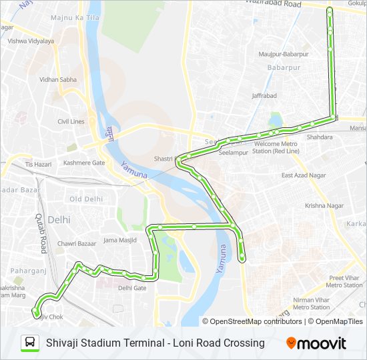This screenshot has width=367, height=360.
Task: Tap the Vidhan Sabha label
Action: click(x=58, y=79)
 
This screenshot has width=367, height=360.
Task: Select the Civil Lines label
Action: click(x=71, y=121)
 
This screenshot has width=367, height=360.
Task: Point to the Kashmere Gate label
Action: click(x=84, y=163)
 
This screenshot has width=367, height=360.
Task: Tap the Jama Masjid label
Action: click(x=119, y=239)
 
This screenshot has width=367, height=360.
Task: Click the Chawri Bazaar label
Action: click(x=77, y=244)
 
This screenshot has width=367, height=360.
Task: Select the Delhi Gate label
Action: click(x=131, y=288)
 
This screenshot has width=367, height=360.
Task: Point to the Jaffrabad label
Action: click(x=264, y=96)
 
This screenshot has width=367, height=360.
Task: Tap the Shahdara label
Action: click(x=319, y=137)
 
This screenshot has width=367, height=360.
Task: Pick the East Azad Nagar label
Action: click(x=303, y=175)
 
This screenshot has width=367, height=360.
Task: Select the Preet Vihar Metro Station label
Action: click(x=344, y=281)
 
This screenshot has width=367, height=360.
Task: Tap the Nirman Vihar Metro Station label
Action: click(x=311, y=303)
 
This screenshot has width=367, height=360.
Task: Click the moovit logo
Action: click(x=316, y=343)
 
